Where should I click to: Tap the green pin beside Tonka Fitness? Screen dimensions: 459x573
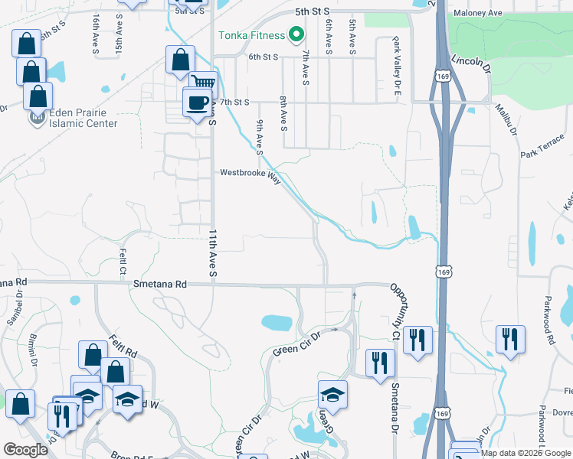296,35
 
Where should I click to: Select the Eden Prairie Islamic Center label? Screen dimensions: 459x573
83,118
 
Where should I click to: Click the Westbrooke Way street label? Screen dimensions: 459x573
250,173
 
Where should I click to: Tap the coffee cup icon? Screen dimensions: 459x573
197,102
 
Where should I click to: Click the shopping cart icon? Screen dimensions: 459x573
203,83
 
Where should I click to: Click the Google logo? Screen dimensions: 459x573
26,450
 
